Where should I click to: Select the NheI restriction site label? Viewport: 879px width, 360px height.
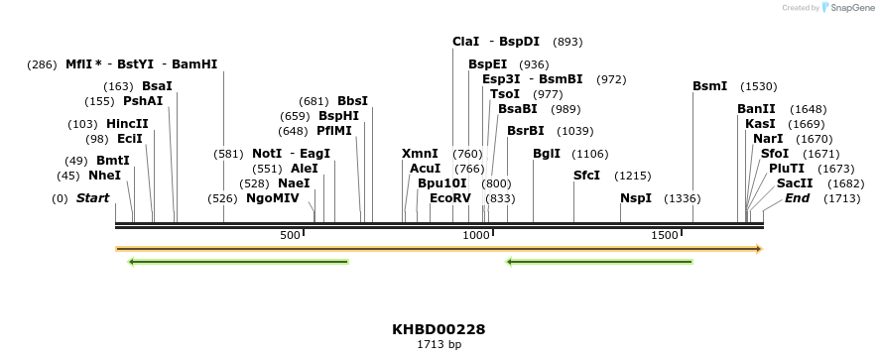click(x=105, y=176)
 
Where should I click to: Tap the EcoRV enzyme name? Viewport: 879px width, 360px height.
click(x=450, y=198)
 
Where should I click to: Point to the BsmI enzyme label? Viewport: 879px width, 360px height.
click(x=709, y=86)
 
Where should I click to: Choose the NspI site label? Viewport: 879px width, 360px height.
click(x=636, y=198)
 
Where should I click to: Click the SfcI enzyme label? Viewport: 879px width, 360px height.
click(x=587, y=176)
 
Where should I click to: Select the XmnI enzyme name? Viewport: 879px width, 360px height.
click(x=420, y=154)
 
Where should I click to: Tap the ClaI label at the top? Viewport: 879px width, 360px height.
click(x=465, y=42)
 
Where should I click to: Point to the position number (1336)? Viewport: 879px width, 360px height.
click(x=683, y=198)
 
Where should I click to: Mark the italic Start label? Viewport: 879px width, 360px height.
click(x=92, y=198)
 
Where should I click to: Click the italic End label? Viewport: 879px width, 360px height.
click(x=797, y=198)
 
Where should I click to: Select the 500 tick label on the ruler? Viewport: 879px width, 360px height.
click(x=290, y=235)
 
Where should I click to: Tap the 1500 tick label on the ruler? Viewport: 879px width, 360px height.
click(x=665, y=235)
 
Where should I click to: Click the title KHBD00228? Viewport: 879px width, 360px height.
click(x=439, y=329)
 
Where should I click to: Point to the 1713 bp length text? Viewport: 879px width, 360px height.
click(x=439, y=345)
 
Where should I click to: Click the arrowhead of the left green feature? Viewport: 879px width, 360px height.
click(x=132, y=262)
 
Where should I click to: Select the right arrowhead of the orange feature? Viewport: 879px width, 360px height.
click(x=759, y=249)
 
